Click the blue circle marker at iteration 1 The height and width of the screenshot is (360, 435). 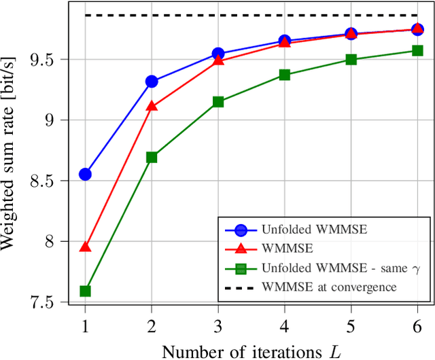[85, 175]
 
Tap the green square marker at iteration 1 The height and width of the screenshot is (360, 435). [85, 291]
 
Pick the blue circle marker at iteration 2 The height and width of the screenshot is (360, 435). [152, 82]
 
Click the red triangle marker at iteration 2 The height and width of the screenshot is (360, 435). [152, 106]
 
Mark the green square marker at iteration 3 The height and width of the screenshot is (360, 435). [218, 102]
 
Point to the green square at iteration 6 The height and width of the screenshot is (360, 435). [417, 50]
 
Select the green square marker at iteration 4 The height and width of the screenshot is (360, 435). [284, 75]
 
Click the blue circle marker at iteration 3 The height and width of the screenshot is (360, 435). [218, 54]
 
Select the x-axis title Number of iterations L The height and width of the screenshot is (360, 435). [251, 350]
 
